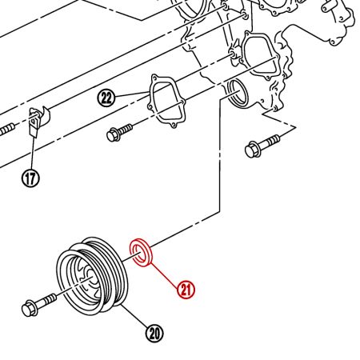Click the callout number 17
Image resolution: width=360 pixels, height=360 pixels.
(30, 178)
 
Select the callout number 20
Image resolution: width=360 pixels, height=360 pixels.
(154, 332)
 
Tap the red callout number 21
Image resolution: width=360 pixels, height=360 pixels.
(186, 289)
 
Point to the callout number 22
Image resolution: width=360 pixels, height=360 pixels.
(107, 98)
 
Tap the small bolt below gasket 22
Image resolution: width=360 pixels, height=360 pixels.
(120, 131)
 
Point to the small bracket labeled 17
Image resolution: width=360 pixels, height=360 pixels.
(37, 120)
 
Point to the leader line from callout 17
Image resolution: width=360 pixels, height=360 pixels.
(32, 152)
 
